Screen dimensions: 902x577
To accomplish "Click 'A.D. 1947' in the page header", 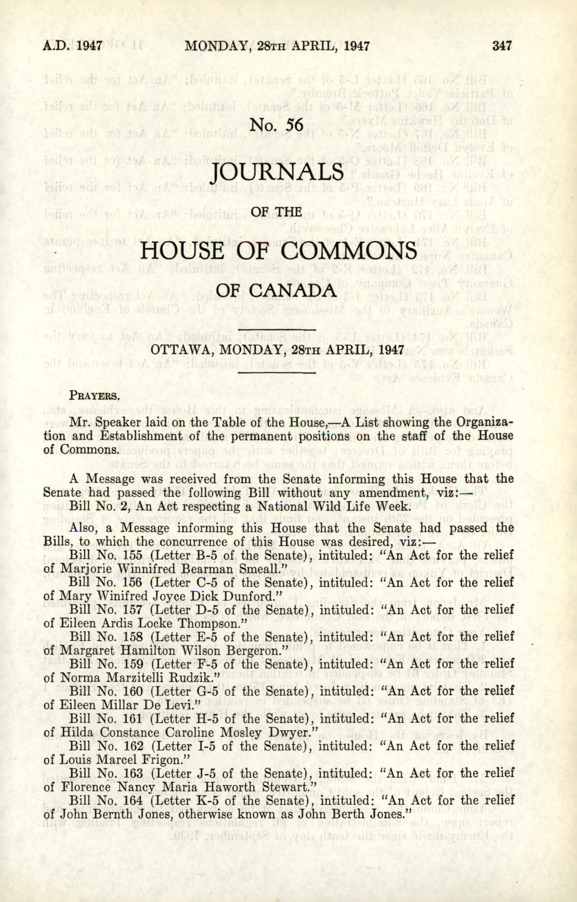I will pyautogui.click(x=73, y=46).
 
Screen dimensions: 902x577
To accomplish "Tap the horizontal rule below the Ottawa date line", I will pyautogui.click(x=277, y=373).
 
